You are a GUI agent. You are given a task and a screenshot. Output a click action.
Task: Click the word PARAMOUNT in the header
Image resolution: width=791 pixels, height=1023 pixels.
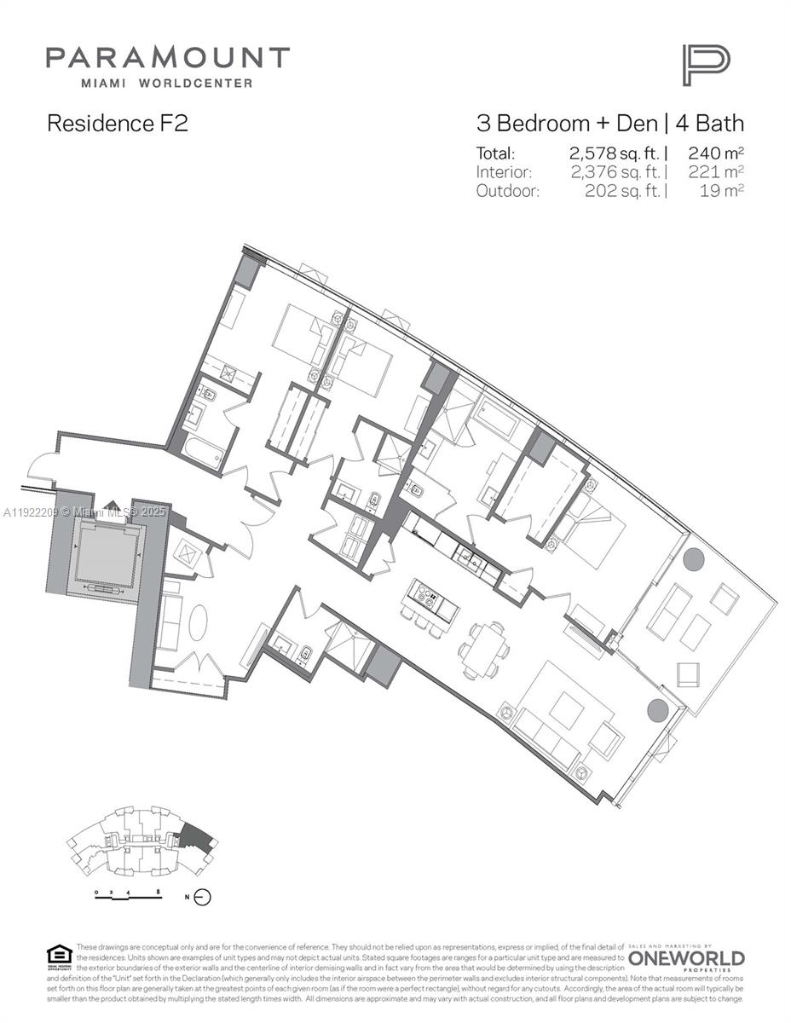coord(167,58)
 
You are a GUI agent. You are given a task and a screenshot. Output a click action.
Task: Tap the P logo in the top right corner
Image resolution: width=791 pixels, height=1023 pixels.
coord(705,66)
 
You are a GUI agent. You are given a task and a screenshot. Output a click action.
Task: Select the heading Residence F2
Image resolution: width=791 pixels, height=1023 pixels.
coord(117,123)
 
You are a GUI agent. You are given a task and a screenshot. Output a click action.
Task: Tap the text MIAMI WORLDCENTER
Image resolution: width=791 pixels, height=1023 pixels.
coord(166,83)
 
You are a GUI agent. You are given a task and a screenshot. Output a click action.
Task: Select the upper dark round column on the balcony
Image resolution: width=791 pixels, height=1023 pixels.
coord(693,560)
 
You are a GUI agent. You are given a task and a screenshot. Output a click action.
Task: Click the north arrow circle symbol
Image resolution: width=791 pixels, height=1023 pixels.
coord(202,897)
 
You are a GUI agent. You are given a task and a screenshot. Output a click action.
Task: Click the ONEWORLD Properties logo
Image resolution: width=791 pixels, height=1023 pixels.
coord(686,959)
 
